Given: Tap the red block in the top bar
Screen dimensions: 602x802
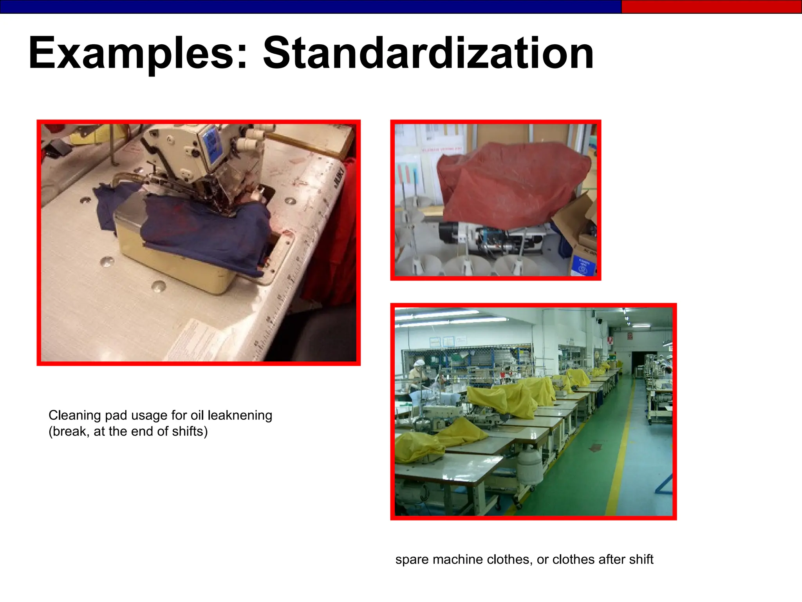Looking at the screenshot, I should [x=711, y=7].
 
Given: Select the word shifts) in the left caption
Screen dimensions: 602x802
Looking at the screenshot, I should [x=190, y=431].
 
